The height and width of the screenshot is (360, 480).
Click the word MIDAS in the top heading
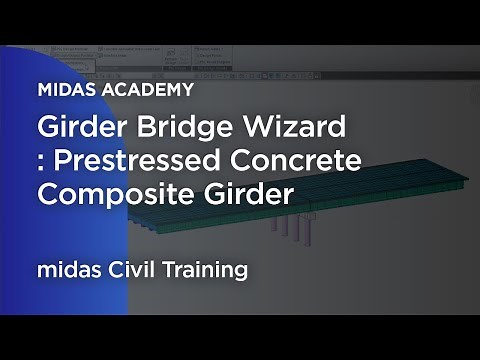[x=66, y=89]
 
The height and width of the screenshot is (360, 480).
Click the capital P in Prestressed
[x=61, y=162]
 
